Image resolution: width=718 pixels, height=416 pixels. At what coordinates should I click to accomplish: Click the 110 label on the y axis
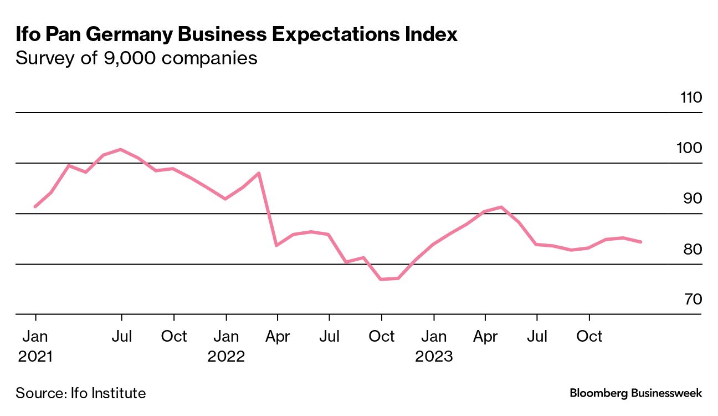click(691, 98)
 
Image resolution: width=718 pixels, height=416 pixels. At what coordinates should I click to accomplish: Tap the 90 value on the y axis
click(692, 199)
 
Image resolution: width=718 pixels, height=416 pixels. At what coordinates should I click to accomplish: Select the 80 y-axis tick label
click(692, 250)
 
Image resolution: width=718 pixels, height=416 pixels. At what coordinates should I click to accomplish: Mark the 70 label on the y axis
click(692, 300)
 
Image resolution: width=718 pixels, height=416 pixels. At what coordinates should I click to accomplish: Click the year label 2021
click(35, 356)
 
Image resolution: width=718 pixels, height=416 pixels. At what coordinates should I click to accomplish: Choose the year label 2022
click(226, 356)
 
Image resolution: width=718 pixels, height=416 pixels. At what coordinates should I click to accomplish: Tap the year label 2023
click(434, 356)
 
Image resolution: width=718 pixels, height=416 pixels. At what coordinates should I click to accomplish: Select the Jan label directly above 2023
click(434, 337)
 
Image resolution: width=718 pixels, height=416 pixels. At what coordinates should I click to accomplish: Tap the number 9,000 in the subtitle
click(130, 58)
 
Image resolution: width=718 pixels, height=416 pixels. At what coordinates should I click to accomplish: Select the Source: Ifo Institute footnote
click(81, 393)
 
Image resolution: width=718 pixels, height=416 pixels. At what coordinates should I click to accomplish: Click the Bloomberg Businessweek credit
click(635, 393)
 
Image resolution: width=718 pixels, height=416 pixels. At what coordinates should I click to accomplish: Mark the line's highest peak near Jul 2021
click(121, 149)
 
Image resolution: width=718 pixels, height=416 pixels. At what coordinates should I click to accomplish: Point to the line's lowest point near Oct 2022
click(382, 279)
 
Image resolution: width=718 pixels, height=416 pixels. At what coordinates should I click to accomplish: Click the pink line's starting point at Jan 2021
click(35, 206)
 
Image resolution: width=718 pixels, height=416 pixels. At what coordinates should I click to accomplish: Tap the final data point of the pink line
click(641, 242)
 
